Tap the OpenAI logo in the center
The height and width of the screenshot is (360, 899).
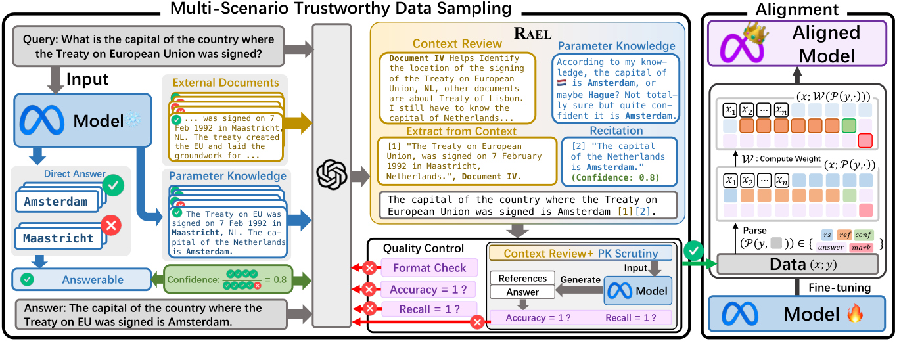pos(332,175)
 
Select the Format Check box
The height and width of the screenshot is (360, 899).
pos(429,268)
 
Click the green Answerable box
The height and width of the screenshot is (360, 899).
pos(82,280)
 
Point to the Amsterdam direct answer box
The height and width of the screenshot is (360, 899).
pos(60,202)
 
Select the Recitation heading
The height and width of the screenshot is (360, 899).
pos(616,131)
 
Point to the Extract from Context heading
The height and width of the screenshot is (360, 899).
pos(461,131)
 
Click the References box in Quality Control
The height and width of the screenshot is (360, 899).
pos(522,279)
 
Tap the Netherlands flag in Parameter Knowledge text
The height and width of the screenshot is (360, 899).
pos(561,83)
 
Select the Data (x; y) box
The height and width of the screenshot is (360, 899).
pos(797,264)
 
